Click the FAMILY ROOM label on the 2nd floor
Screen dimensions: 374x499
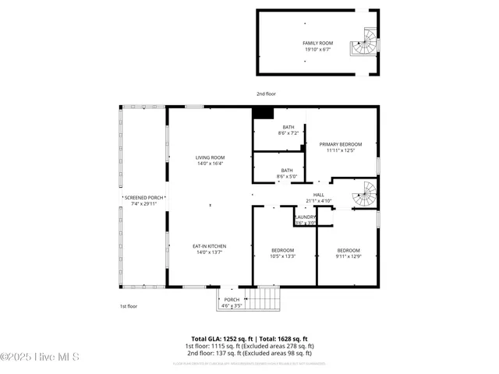click(x=317, y=43)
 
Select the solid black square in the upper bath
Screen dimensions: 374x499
click(x=264, y=113)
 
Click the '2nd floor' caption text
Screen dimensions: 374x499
click(x=266, y=93)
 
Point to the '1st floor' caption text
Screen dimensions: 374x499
click(x=128, y=306)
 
